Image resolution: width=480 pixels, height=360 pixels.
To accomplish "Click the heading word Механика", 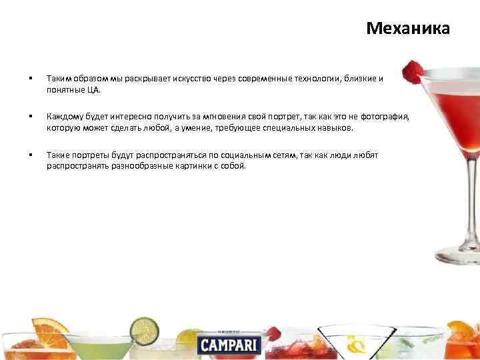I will click(x=408, y=29).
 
